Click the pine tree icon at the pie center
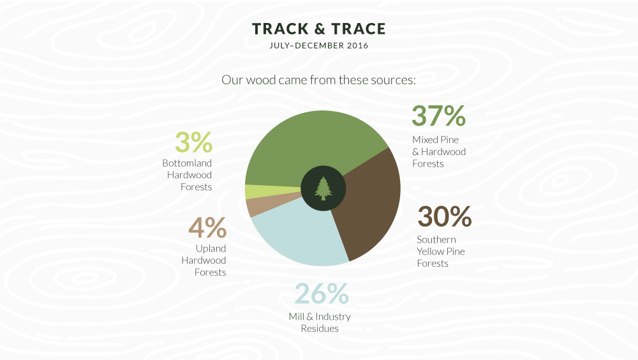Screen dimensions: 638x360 [323, 188]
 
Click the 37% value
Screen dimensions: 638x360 [439, 116]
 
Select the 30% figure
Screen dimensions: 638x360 [444, 216]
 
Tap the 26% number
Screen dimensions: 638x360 [322, 294]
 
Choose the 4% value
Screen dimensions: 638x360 [207, 227]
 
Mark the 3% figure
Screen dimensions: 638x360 [194, 142]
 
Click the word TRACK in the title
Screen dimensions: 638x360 [280, 29]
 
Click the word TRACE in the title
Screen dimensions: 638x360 [359, 29]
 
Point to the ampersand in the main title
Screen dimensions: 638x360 [320, 29]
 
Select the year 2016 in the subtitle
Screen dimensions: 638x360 [358, 45]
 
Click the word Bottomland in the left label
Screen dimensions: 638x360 [187, 163]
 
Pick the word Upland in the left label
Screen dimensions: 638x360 [211, 249]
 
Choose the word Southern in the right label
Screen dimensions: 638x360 [436, 239]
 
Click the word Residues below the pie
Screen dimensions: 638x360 [320, 329]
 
